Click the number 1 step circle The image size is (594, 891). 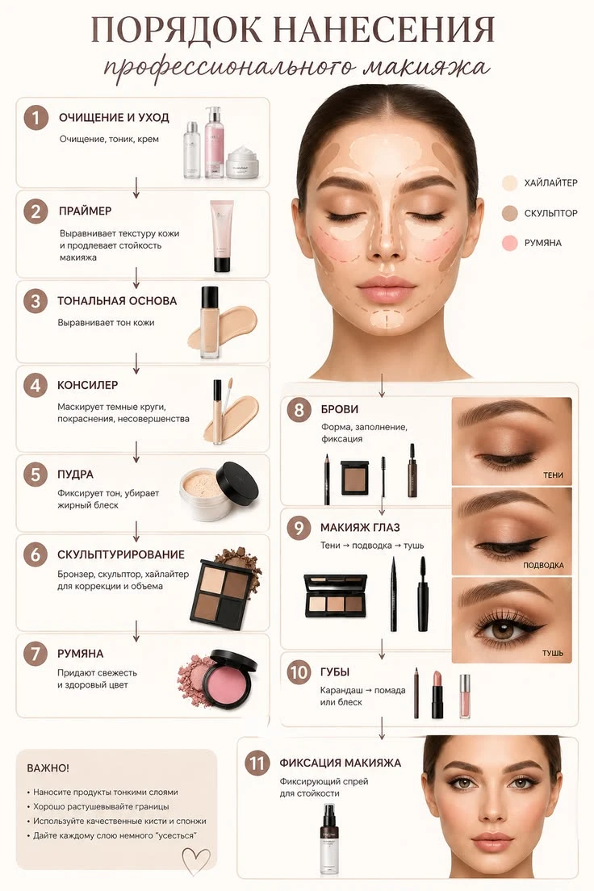(x=36, y=118)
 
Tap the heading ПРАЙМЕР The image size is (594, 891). (x=86, y=211)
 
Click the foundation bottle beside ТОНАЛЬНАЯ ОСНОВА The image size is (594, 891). (x=210, y=322)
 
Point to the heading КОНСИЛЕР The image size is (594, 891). (x=87, y=385)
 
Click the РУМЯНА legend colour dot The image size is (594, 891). (x=510, y=243)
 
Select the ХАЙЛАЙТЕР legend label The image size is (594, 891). (x=550, y=182)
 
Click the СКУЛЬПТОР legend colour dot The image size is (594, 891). (x=510, y=213)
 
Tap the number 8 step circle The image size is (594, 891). (x=299, y=410)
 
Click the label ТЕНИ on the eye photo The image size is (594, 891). (x=553, y=475)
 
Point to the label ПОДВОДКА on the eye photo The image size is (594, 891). (x=543, y=566)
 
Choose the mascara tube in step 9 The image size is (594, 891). (x=422, y=594)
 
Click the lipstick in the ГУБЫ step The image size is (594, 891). (x=437, y=694)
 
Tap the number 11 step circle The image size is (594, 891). (x=257, y=763)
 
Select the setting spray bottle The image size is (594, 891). (x=331, y=839)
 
